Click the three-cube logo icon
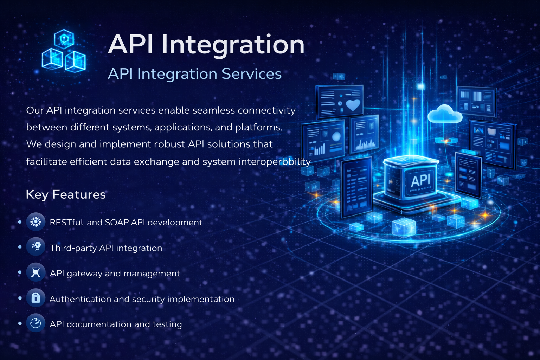[x=64, y=52]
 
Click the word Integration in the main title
[x=233, y=45]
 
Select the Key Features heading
[x=66, y=194]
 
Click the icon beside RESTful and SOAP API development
[x=36, y=222]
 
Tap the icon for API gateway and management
[x=36, y=272]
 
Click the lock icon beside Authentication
[x=36, y=298]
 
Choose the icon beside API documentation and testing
[x=36, y=323]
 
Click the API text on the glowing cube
[x=420, y=181]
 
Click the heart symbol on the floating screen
[x=353, y=104]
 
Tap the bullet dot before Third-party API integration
[x=20, y=247]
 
